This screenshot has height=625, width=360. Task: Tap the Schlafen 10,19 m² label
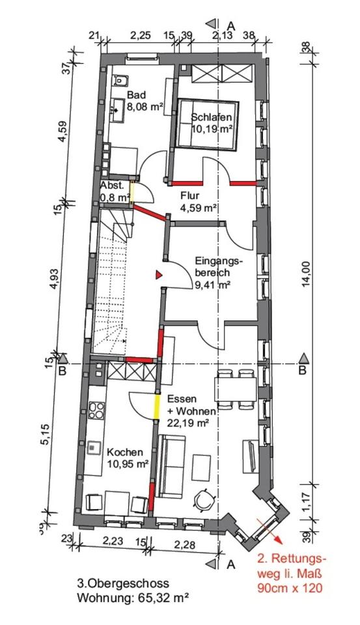click(212, 123)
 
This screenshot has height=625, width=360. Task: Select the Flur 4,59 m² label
click(198, 202)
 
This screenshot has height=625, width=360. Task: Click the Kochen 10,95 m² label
click(128, 458)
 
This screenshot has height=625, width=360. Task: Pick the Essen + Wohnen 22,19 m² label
click(191, 411)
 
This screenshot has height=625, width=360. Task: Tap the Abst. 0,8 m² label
click(115, 191)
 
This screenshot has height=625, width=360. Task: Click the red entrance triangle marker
click(159, 274)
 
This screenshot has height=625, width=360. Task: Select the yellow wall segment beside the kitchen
click(157, 406)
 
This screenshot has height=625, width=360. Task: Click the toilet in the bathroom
click(120, 81)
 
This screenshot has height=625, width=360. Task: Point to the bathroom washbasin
click(117, 108)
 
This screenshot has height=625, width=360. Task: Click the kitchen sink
click(94, 448)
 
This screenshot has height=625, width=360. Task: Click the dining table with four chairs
click(235, 389)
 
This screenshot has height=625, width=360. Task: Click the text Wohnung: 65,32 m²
click(132, 598)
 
